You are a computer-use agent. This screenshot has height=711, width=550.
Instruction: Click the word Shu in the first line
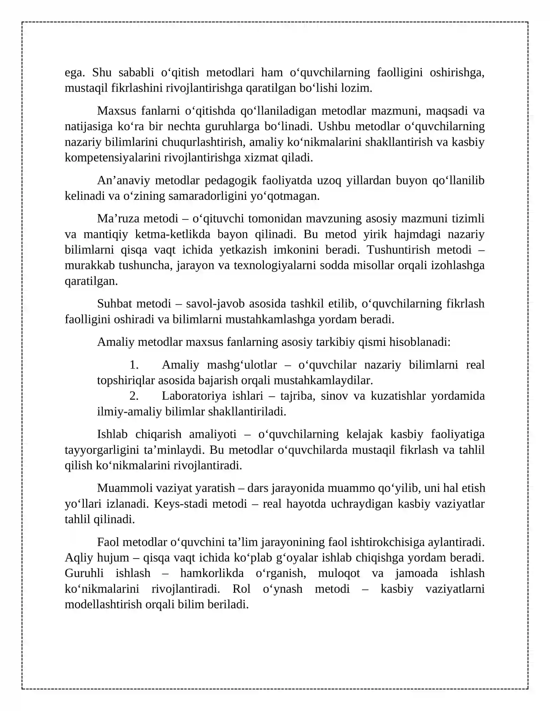(x=102, y=72)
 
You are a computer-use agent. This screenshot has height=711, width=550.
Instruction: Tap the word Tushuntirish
(x=398, y=250)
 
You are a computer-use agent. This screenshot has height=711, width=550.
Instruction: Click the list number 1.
(x=134, y=365)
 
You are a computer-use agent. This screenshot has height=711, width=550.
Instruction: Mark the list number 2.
(x=134, y=396)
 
